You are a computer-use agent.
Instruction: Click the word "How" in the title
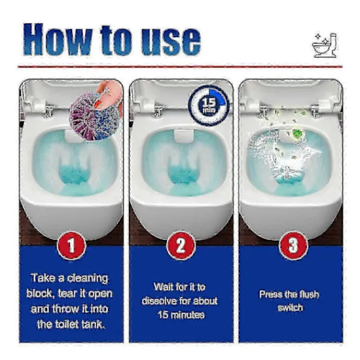[57, 39]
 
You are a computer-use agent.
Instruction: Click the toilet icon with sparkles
[325, 45]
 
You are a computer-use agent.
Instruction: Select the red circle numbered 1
[71, 245]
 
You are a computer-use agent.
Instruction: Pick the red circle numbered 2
[181, 245]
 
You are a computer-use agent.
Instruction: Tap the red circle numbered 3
[293, 245]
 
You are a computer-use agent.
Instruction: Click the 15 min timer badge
[209, 106]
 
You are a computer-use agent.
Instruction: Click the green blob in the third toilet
[297, 133]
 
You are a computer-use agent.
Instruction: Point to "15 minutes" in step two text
[181, 314]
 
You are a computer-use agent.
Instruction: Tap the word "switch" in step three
[290, 308]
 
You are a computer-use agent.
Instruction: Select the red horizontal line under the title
[180, 67]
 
